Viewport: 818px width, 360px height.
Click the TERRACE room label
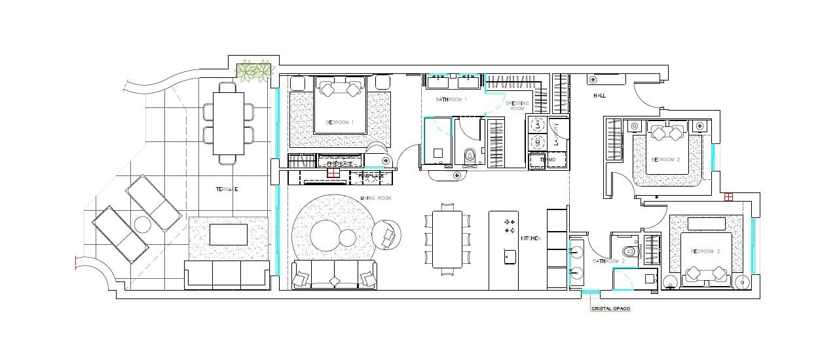point(227,189)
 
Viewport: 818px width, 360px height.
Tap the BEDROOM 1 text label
point(339,122)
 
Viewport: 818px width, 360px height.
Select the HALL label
point(599,96)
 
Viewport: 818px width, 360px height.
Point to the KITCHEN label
point(530,239)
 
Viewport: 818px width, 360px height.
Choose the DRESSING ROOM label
point(517,105)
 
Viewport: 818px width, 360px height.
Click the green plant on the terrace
point(254,71)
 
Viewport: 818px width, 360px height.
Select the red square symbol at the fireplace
point(333,173)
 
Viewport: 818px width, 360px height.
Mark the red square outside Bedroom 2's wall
point(728,196)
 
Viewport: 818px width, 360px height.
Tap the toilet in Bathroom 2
point(630,249)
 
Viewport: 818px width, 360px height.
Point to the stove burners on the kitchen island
point(509,226)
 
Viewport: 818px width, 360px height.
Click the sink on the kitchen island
point(508,256)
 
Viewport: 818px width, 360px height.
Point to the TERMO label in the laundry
point(547,160)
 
